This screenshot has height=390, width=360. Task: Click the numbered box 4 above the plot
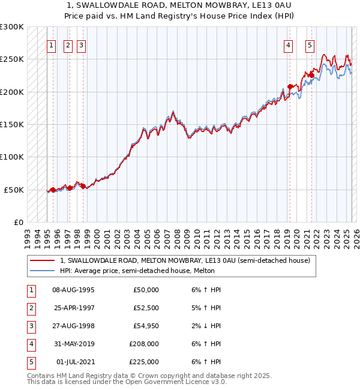[289, 44]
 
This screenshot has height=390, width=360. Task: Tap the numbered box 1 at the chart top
[52, 44]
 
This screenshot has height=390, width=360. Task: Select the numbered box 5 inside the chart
[310, 44]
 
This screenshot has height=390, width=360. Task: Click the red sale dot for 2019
[290, 86]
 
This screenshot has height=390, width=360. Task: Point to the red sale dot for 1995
[53, 190]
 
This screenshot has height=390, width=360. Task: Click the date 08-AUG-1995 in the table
[73, 290]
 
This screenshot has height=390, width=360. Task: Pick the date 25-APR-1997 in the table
[73, 308]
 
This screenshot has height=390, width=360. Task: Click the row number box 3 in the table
[30, 326]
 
